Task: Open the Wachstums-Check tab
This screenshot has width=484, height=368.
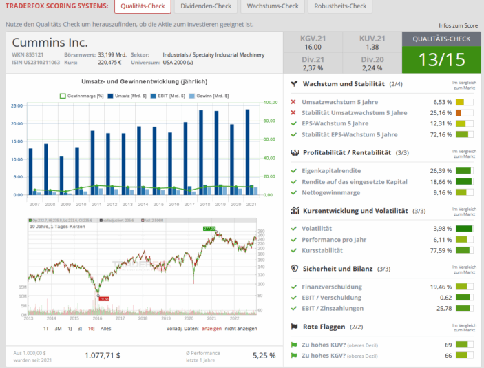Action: click(x=273, y=6)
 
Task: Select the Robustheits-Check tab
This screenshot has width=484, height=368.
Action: click(x=340, y=6)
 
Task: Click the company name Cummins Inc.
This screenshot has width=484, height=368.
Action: click(x=50, y=43)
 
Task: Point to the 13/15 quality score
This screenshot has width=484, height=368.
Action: click(x=441, y=59)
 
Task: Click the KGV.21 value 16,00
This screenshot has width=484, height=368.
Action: click(x=313, y=47)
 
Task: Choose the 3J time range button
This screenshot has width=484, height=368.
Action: click(x=79, y=329)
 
